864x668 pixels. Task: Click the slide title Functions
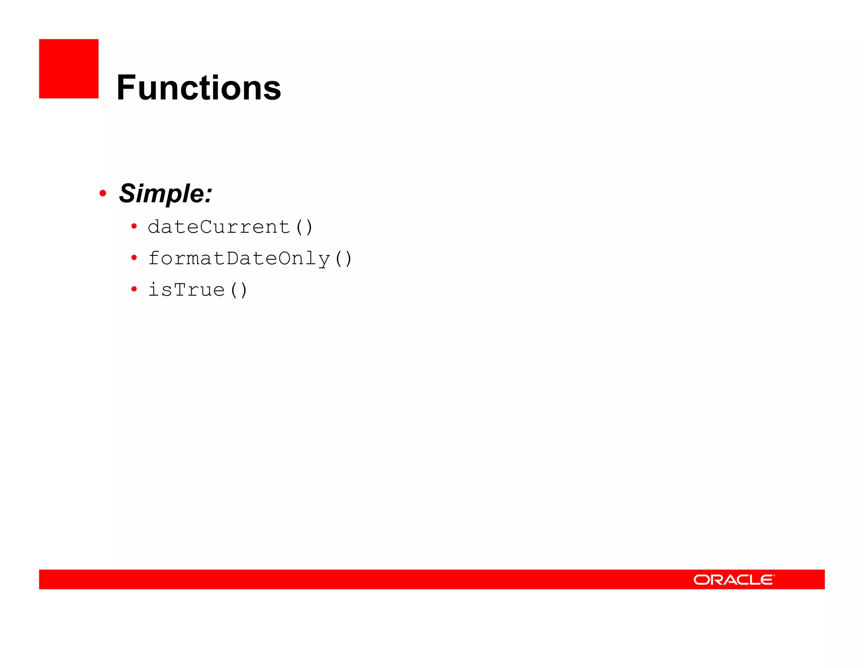click(198, 88)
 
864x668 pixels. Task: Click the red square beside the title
click(69, 69)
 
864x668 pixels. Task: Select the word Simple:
click(165, 193)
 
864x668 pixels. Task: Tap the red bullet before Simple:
click(103, 193)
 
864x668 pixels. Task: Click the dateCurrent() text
click(230, 227)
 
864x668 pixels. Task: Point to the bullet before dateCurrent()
click(134, 227)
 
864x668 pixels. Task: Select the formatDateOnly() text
click(250, 258)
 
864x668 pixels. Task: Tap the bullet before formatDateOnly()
click(134, 258)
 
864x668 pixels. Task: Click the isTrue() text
click(197, 290)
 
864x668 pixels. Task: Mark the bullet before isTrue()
click(134, 289)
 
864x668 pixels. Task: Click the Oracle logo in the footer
click(734, 580)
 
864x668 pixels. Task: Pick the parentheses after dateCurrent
click(304, 227)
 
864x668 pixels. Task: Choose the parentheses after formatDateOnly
click(343, 258)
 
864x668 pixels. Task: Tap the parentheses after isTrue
click(239, 290)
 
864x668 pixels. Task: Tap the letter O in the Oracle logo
click(702, 580)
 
